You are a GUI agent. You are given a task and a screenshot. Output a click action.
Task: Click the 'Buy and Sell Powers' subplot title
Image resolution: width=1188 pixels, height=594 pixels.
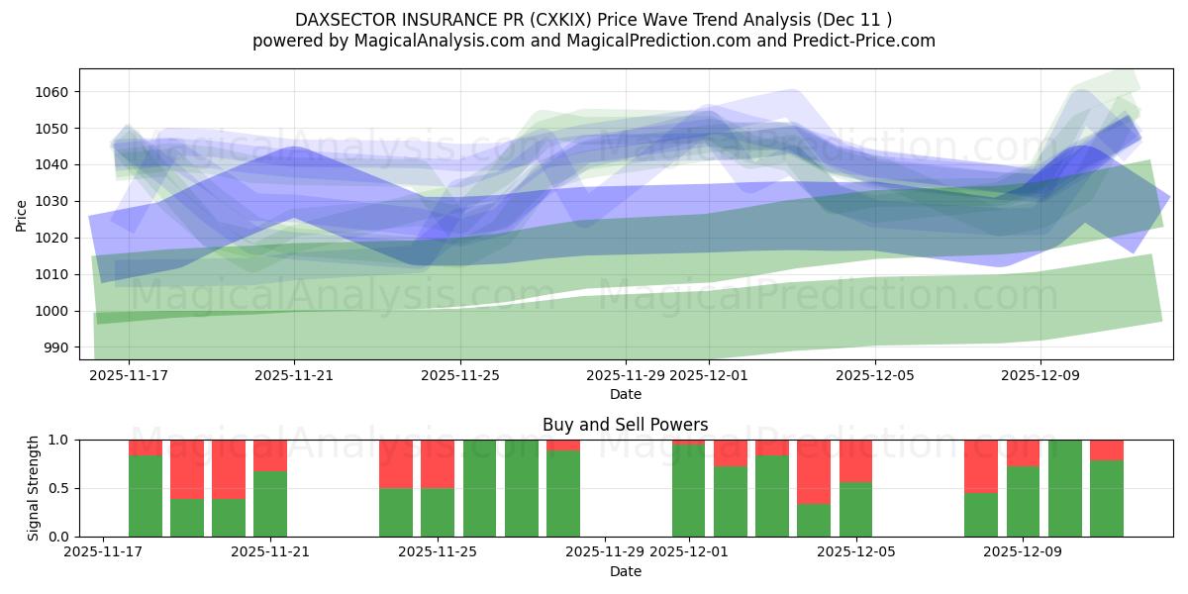point(625,425)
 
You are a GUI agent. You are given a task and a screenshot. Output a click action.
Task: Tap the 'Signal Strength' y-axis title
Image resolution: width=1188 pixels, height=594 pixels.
point(34,488)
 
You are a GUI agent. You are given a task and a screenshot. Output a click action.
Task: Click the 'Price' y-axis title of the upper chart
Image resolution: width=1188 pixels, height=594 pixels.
point(22,214)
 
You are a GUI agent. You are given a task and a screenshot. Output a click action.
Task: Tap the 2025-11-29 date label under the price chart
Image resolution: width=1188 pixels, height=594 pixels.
point(626,376)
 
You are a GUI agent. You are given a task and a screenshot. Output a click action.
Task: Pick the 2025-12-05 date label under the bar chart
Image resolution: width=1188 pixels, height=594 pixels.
point(856,552)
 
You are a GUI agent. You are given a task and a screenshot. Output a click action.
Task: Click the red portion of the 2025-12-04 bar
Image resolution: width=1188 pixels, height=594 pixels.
point(814,471)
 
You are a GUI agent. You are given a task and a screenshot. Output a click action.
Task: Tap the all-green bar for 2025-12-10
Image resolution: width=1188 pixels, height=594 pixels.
point(1065,488)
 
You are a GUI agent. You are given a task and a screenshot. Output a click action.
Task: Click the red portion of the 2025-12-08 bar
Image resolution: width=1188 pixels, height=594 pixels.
point(981,465)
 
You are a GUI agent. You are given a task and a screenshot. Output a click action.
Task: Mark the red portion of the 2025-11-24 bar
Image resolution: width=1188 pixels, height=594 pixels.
point(396,463)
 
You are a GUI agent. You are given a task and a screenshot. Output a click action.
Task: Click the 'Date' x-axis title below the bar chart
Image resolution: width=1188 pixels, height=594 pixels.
point(625,571)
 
